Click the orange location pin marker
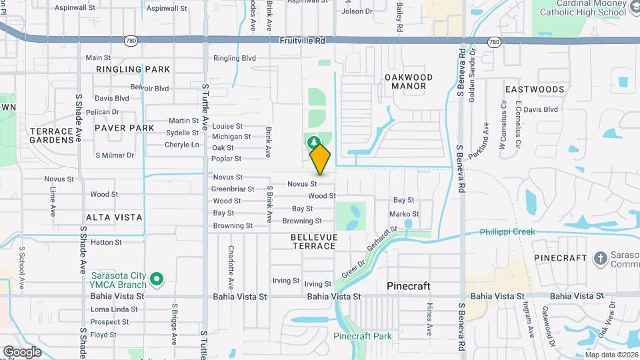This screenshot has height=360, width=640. [320, 158]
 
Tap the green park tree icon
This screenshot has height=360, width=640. [313, 141]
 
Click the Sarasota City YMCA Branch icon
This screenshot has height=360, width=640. [157, 279]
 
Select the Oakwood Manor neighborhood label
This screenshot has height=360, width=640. [409, 81]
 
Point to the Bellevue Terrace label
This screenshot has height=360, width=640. [313, 241]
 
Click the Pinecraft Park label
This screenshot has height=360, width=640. [363, 336]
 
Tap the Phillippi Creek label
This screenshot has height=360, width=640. [507, 232]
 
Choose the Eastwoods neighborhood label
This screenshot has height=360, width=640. [535, 89]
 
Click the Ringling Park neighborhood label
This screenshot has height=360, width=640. [133, 69]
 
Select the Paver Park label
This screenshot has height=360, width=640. [124, 128]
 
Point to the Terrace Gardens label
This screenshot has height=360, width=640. [51, 135]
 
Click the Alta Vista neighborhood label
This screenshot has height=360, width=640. [114, 217]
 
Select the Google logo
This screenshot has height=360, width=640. [22, 351]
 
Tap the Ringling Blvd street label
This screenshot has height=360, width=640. [235, 59]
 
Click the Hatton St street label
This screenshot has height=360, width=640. [105, 242]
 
